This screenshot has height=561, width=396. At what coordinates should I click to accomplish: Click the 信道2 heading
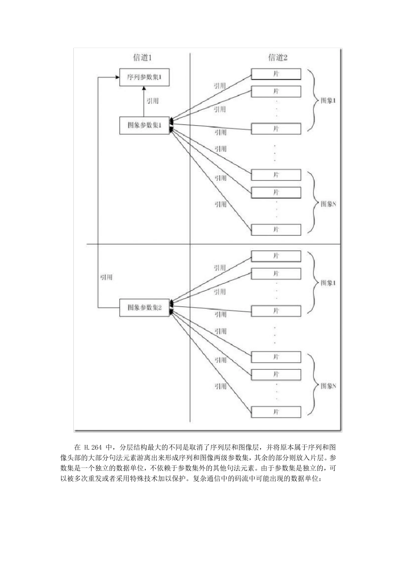(x=278, y=58)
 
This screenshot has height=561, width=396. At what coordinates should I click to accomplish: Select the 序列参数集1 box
(x=144, y=77)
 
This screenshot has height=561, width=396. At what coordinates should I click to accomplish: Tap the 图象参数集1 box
(x=144, y=125)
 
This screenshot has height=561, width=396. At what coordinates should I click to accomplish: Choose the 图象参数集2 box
(x=144, y=308)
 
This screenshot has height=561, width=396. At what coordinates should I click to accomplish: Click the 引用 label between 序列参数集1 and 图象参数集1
(x=153, y=101)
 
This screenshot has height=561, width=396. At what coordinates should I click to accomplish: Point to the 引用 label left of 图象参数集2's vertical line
(x=106, y=277)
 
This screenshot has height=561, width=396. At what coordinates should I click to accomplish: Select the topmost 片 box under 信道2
(x=276, y=73)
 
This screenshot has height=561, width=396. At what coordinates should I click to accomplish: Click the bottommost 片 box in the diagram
(x=276, y=412)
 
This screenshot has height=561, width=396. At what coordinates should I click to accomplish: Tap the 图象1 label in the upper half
(x=328, y=101)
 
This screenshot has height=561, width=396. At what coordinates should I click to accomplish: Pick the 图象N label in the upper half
(x=328, y=204)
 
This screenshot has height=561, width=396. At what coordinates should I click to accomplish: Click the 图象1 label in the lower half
(x=328, y=283)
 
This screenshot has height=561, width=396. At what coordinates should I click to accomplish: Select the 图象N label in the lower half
(x=328, y=386)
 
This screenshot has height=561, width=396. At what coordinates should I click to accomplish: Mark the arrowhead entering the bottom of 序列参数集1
(x=144, y=88)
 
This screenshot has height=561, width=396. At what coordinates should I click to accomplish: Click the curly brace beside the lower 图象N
(x=312, y=384)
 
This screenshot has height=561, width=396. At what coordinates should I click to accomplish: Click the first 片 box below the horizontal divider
(x=276, y=256)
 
